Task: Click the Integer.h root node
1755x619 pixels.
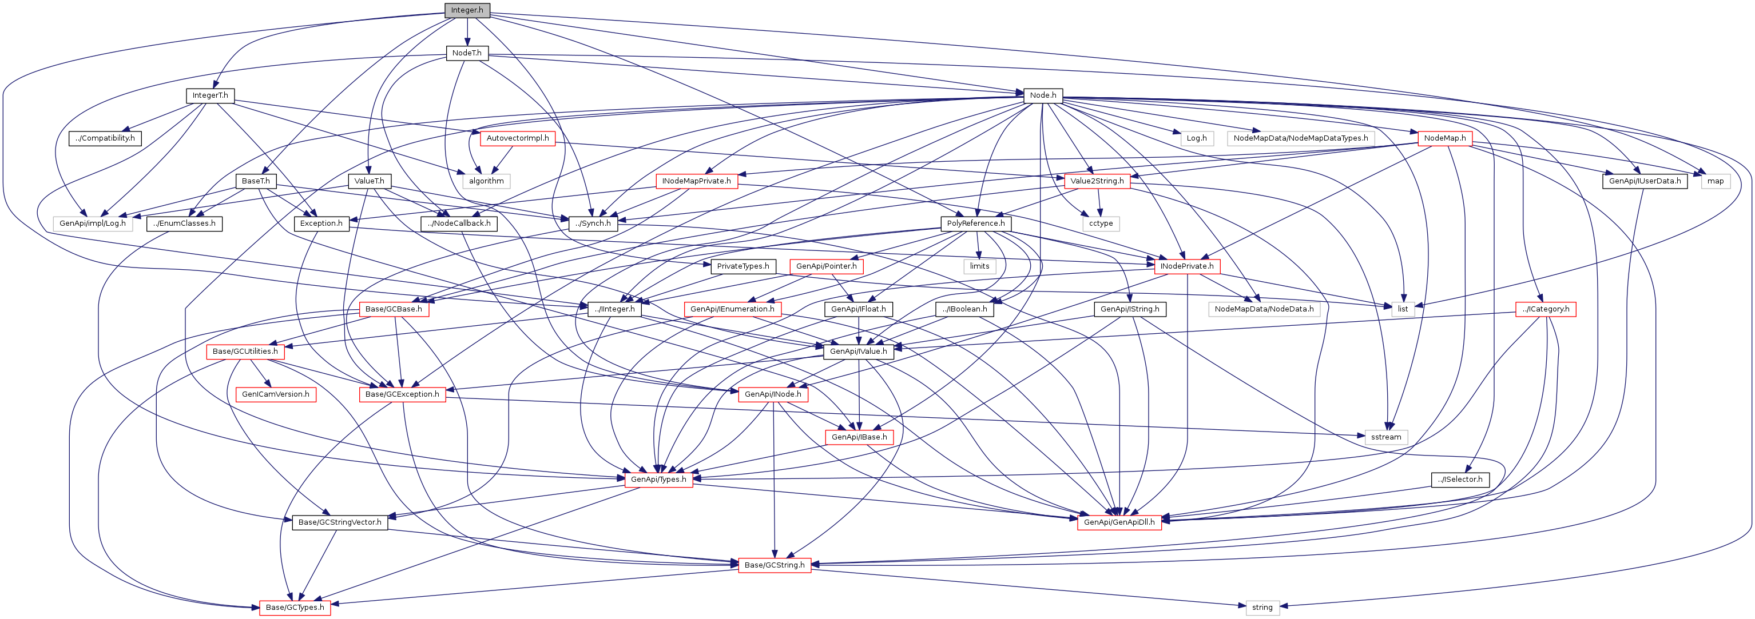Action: click(467, 10)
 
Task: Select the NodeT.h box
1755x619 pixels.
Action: click(467, 53)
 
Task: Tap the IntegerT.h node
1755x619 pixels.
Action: click(210, 95)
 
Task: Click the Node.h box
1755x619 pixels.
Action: click(1042, 95)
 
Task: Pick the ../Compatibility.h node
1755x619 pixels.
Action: click(105, 138)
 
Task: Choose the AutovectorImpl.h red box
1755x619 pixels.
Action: click(517, 138)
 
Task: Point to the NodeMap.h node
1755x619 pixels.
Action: click(1444, 138)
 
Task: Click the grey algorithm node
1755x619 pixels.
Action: click(486, 181)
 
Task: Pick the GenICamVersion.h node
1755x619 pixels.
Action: click(275, 394)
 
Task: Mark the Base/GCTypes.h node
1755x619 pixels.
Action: click(295, 608)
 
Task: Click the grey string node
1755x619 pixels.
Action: click(1262, 608)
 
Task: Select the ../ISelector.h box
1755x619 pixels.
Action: click(1460, 480)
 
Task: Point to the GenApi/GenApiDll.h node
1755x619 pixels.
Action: click(1119, 522)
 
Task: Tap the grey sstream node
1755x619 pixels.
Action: click(1385, 437)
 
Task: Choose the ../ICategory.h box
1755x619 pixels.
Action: click(1546, 309)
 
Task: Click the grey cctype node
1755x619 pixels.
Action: click(1100, 223)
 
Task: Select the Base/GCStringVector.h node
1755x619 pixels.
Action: click(340, 522)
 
